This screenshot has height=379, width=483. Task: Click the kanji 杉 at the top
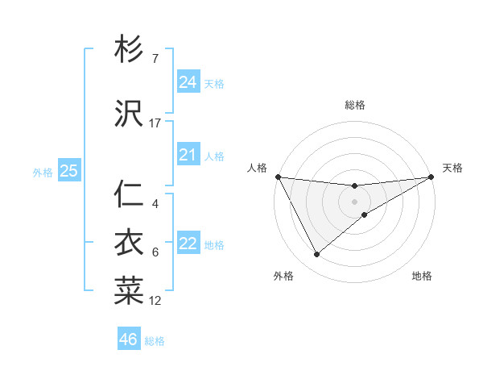pos(129,50)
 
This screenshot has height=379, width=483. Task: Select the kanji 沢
pos(129,115)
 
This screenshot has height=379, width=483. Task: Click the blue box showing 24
pos(188,82)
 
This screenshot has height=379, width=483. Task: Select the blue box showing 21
pos(188,155)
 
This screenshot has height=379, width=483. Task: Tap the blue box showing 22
pos(188,244)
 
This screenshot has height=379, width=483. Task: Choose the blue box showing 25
pos(69,171)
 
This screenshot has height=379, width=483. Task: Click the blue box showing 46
pos(129,339)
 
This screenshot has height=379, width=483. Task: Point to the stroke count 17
pos(155,123)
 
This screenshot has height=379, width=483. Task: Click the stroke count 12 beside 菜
pos(155,301)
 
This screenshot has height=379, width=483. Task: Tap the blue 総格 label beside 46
pos(155,341)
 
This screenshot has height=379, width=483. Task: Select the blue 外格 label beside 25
pos(43,172)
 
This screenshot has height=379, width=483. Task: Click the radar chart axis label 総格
pos(354,105)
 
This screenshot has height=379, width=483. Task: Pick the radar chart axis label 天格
pos(452,168)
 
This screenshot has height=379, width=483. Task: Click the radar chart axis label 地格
pos(422,276)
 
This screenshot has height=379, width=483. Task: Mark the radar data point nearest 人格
pos(278,177)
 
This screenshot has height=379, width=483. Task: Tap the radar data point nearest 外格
pos(316,255)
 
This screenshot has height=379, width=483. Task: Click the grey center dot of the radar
pos(354,201)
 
